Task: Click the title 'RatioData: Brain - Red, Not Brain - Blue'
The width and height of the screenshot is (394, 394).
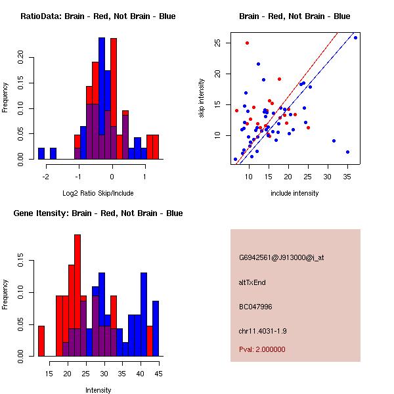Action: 98,16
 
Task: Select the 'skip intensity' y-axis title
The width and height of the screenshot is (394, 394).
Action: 202,98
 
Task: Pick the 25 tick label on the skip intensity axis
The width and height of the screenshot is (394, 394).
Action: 218,43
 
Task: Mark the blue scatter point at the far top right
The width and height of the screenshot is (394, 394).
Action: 355,37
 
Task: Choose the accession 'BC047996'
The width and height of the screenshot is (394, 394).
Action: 256,307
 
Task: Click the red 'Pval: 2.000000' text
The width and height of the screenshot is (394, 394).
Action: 267,349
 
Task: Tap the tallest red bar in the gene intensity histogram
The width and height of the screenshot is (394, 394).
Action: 77,295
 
